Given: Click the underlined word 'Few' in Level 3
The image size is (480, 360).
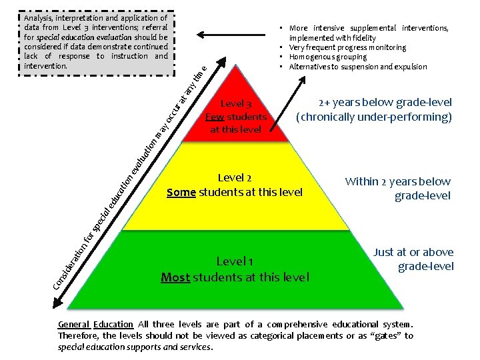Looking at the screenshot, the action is (x=214, y=117).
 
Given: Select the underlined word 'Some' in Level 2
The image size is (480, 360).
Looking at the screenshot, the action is (x=181, y=193).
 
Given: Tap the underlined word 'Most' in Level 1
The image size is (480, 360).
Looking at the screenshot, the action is (x=175, y=277).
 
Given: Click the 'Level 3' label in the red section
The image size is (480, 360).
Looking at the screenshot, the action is (x=235, y=104).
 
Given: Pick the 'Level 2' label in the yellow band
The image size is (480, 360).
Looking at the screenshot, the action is (x=234, y=178).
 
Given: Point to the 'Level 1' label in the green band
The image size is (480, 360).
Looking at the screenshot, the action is (x=234, y=261).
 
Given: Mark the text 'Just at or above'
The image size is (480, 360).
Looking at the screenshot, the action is (x=413, y=252).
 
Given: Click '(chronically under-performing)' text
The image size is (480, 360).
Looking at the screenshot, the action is (x=375, y=117).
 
